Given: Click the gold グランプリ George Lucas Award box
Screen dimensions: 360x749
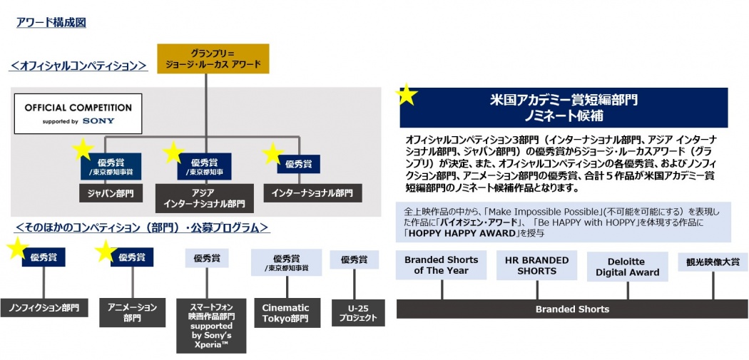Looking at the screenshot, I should click(x=213, y=59).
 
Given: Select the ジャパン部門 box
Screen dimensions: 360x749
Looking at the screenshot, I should click(x=106, y=193).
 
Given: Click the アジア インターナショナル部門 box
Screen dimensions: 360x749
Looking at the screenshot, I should click(x=204, y=198).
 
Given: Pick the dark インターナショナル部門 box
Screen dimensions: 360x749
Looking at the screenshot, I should click(x=312, y=193).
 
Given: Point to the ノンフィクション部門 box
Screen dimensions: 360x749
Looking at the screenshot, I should click(x=44, y=308).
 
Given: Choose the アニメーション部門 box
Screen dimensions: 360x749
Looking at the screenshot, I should click(x=132, y=312).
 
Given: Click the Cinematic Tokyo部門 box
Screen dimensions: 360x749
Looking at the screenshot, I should click(x=285, y=313).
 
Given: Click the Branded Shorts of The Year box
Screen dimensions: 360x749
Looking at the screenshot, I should click(x=441, y=265).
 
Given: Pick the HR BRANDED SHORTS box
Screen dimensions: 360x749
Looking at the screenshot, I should click(x=536, y=265).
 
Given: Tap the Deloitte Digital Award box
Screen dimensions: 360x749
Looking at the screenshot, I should click(x=627, y=267).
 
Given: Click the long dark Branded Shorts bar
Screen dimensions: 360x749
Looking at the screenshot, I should click(x=572, y=309).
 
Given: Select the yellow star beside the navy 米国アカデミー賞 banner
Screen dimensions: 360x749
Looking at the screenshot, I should click(x=407, y=95).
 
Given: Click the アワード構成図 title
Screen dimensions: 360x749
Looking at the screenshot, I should click(x=51, y=23).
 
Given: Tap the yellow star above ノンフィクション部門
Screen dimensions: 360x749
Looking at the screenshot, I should click(x=17, y=248).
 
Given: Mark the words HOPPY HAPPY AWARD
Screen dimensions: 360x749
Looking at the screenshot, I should click(x=461, y=232).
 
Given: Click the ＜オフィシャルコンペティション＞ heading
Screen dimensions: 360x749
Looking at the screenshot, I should click(x=78, y=66).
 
